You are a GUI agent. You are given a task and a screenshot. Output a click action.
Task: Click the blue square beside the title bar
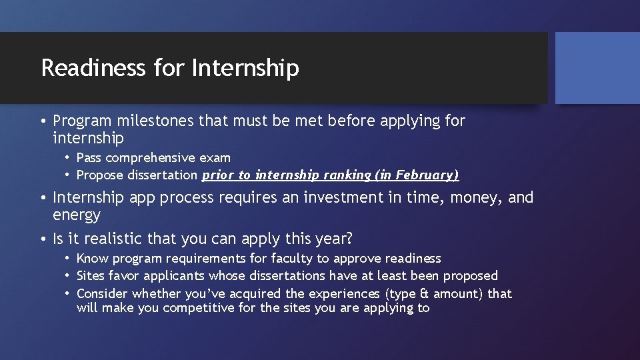click(597, 68)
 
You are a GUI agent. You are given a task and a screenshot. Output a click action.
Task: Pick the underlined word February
click(427, 175)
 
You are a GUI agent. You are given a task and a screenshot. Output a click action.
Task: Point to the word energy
click(77, 215)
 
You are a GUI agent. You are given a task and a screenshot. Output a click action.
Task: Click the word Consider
click(102, 293)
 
